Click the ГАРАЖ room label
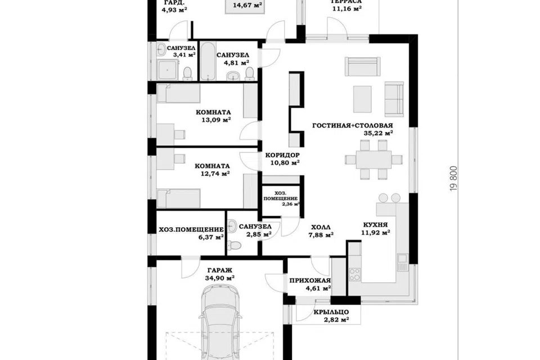click(220, 270)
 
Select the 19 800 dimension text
click(453, 179)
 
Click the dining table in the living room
click(373, 160)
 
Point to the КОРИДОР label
click(282, 155)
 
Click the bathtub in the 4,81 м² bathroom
click(208, 61)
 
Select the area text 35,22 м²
click(378, 133)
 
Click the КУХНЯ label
click(375, 225)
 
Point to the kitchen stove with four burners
click(355, 274)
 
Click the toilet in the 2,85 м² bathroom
click(235, 245)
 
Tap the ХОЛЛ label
click(321, 227)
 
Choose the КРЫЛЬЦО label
click(331, 312)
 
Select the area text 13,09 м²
click(216, 120)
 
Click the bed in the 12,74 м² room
click(179, 198)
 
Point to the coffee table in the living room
click(362, 99)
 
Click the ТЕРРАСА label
click(346, 2)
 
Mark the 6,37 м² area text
click(211, 237)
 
